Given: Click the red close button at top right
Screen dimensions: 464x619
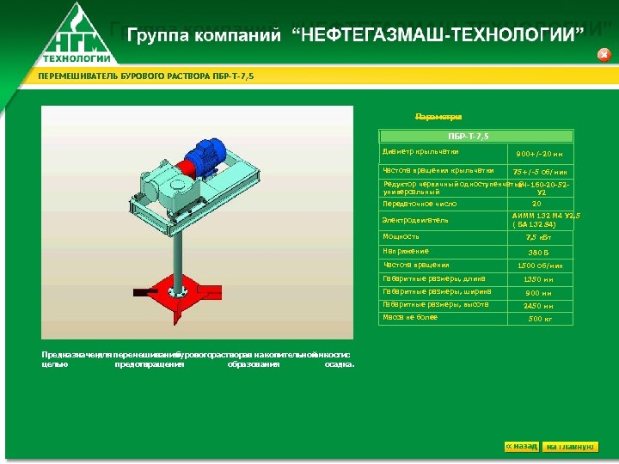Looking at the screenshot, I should [x=604, y=54].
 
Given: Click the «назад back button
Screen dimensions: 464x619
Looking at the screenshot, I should [x=522, y=447].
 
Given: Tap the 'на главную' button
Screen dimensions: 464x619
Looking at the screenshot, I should [x=569, y=447].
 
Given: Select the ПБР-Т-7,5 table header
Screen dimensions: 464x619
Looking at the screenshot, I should [x=476, y=136].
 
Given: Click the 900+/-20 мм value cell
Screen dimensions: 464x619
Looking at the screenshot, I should [x=540, y=155].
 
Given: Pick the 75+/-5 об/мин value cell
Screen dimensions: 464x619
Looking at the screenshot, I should [x=540, y=172].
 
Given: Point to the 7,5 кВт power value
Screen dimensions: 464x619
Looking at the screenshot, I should [x=537, y=236].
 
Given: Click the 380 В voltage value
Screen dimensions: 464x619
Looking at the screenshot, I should [x=537, y=253].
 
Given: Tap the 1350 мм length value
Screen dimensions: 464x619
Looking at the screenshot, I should [x=538, y=279].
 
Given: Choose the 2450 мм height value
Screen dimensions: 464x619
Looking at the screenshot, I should [x=538, y=306].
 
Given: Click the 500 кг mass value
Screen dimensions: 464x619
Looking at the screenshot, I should [x=538, y=319].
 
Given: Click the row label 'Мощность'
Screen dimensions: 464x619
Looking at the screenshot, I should [x=401, y=236].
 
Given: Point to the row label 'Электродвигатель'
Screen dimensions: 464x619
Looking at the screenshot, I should [x=415, y=220].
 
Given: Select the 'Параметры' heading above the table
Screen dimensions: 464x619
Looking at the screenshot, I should [x=439, y=116].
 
